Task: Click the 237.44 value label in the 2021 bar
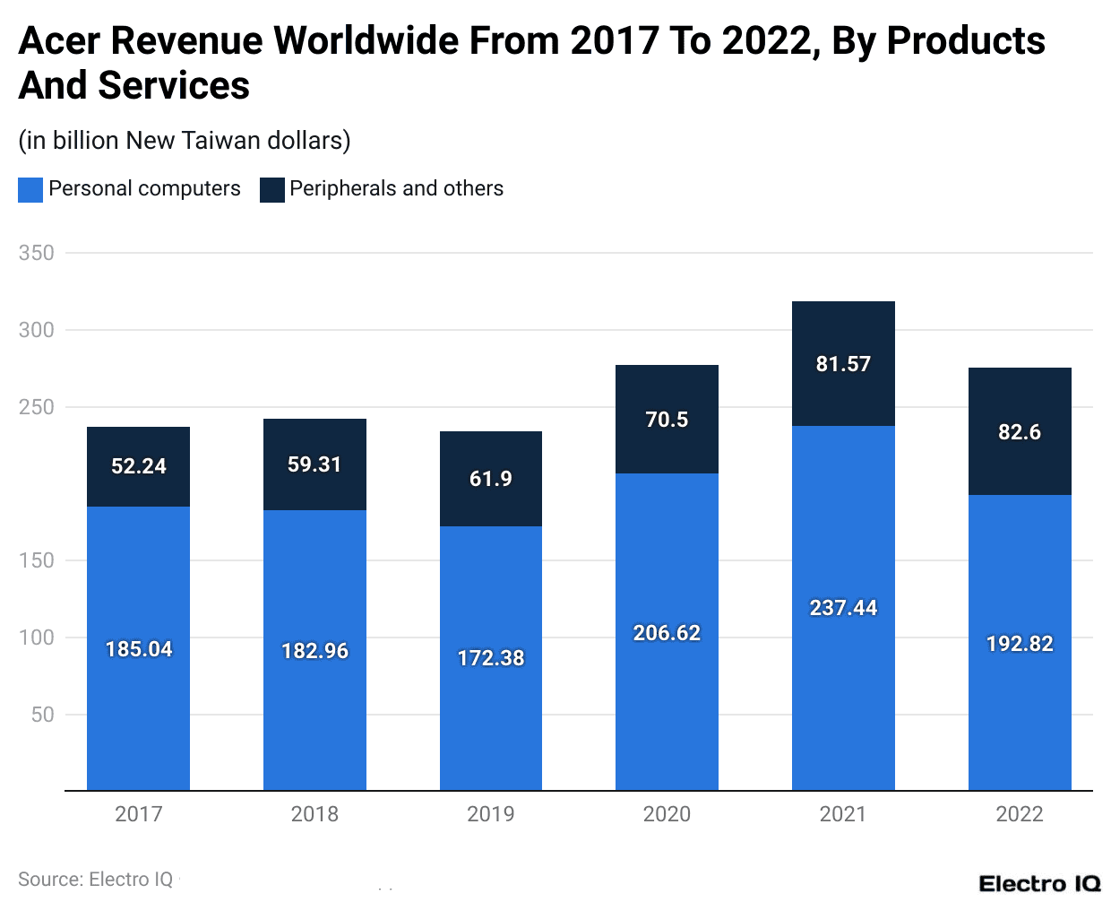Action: tap(843, 608)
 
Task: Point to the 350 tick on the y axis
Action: tap(37, 253)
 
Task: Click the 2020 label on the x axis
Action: tap(667, 814)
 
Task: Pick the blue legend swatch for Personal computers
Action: tap(30, 189)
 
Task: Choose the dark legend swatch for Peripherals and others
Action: tap(272, 189)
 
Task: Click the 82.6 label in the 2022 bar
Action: tap(1020, 432)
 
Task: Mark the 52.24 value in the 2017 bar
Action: tap(138, 466)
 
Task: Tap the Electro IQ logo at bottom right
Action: tap(1039, 884)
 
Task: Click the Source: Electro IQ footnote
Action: tap(95, 880)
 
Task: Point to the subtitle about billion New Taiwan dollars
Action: tap(185, 141)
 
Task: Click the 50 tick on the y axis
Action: tap(43, 715)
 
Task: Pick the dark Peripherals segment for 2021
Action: tap(843, 395)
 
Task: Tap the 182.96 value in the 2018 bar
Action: tap(314, 651)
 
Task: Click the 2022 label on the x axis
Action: tap(1020, 814)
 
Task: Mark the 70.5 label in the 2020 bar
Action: tap(667, 420)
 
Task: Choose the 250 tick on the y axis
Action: tap(37, 407)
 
